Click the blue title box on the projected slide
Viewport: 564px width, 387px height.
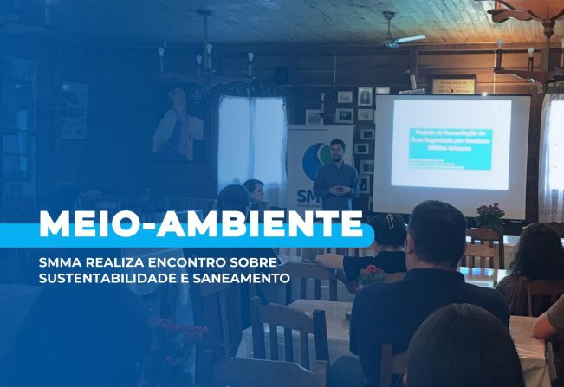click(449, 142)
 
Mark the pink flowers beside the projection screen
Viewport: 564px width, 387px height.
click(490, 212)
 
